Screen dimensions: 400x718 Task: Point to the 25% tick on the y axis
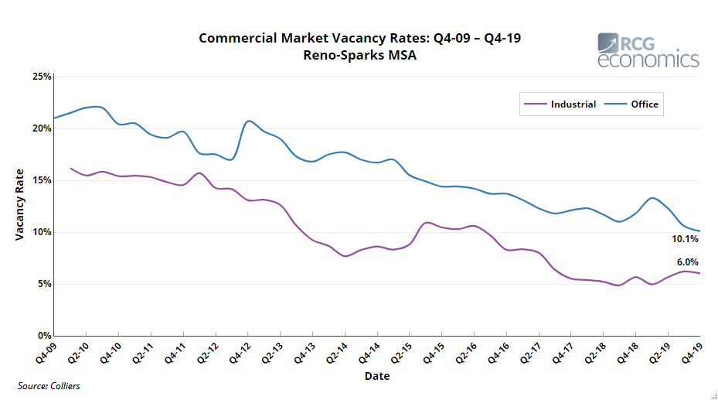41,77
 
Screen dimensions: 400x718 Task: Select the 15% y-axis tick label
41,180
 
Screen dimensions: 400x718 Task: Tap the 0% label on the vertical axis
44,336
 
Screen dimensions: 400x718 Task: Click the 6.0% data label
688,262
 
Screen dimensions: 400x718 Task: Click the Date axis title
377,376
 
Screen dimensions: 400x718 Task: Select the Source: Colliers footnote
49,385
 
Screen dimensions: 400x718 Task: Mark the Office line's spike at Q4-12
248,121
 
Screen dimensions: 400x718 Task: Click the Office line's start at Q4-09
54,118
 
